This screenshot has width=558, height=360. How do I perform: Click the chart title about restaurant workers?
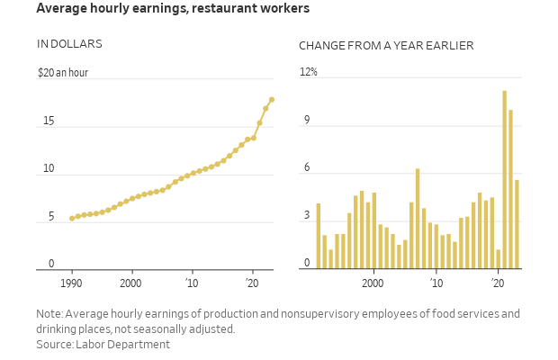coord(173,9)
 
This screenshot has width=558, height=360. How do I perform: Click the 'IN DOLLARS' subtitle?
coord(69,44)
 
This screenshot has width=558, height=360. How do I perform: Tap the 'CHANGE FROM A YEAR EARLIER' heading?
coord(386,46)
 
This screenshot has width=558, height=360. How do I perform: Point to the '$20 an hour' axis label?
coord(63,73)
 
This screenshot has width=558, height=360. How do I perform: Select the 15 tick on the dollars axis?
coord(49,121)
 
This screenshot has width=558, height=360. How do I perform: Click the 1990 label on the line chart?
coord(72,283)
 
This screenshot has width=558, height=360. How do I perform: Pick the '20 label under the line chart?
coord(253,283)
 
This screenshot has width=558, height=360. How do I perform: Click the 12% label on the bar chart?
coord(309,72)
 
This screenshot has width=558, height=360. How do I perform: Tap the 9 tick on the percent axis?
coord(307,121)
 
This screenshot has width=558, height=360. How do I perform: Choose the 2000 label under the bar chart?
coord(373,283)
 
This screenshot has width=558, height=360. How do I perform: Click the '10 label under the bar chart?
coord(436,283)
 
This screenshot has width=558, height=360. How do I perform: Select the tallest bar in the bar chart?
coord(504,180)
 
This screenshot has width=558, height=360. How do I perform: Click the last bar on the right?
coord(517,225)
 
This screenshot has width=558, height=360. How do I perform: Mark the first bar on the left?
coord(319,236)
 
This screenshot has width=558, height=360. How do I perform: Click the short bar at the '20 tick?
coord(498,259)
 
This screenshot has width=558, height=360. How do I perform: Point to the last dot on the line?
coord(272,100)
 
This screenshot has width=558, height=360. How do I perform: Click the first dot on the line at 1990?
coord(72,219)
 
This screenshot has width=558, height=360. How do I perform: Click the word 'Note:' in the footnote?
coord(49,314)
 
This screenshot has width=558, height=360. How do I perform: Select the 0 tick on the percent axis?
coord(307,264)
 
